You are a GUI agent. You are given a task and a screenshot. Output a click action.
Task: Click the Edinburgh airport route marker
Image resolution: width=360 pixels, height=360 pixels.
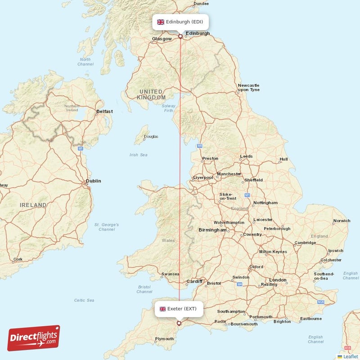coord(180,36)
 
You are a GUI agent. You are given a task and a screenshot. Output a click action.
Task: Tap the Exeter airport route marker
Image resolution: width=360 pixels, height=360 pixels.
coord(179,323)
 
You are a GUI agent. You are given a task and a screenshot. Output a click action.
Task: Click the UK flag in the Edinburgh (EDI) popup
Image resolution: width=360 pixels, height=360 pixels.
coord(160,22)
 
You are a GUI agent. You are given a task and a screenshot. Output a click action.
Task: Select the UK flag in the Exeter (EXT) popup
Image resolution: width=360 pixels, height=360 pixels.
coord(162,309)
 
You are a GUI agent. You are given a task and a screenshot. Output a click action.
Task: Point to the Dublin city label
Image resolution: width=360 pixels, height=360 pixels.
coord(94,181)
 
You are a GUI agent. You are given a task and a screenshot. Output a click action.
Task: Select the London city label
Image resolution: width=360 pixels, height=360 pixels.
coord(278,280)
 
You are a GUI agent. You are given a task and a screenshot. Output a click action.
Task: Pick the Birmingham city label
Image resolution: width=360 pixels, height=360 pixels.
coord(212,230)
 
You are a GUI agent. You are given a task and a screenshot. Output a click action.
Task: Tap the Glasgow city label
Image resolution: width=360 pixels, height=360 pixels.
coord(162,39)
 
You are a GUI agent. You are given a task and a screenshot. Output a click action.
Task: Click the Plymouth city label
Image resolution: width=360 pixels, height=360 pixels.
coord(164,339)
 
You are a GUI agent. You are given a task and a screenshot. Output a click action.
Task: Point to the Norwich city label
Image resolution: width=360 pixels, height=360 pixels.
coord(342,221)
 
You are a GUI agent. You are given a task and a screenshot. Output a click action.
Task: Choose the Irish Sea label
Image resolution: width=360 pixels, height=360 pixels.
coord(138,155)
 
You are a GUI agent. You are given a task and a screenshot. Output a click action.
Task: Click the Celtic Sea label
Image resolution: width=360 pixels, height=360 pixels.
coord(84,300)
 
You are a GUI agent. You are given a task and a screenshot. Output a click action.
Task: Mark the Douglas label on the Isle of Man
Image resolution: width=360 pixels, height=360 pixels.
coord(151,136)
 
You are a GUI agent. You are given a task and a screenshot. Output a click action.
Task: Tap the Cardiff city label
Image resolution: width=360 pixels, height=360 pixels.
coord(194,282)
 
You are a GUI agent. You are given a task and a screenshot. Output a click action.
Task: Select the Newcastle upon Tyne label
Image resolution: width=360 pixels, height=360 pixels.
coord(249,87)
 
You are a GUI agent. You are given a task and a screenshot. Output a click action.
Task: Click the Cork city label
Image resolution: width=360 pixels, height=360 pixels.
coord(18,259)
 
